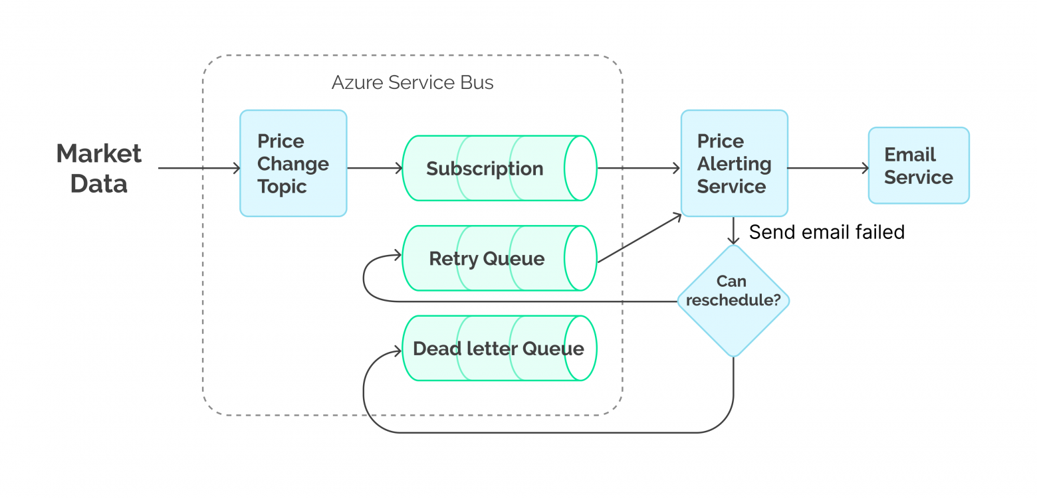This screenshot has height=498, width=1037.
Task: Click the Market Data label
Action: click(98, 168)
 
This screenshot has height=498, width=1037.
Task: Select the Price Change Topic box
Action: click(292, 163)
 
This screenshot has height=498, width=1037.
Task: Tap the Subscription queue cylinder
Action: click(485, 169)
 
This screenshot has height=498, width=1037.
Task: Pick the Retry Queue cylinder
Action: click(487, 258)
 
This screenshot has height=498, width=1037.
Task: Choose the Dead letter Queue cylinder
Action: click(497, 349)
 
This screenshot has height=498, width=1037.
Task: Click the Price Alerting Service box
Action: click(733, 163)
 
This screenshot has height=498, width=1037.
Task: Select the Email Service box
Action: click(918, 165)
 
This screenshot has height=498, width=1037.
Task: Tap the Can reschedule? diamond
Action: click(733, 301)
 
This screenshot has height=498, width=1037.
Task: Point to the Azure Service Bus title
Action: click(412, 83)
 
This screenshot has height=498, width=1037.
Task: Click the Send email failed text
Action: click(826, 232)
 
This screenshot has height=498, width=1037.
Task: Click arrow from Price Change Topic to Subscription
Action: click(374, 169)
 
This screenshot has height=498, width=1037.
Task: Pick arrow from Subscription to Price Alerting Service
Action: click(638, 169)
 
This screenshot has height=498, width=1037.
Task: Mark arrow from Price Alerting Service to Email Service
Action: click(828, 169)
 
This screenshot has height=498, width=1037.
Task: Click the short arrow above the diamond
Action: click(733, 231)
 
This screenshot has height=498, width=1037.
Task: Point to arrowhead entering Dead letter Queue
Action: click(398, 349)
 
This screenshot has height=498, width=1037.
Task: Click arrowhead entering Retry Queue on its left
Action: click(398, 255)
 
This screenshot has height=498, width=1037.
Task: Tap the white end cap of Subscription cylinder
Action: click(580, 169)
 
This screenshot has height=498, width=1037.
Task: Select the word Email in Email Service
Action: click(909, 155)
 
